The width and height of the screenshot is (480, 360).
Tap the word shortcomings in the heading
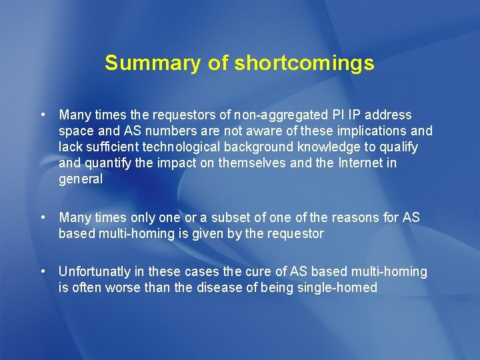pyautogui.click(x=304, y=63)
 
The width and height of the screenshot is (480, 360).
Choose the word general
pyautogui.click(x=81, y=179)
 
